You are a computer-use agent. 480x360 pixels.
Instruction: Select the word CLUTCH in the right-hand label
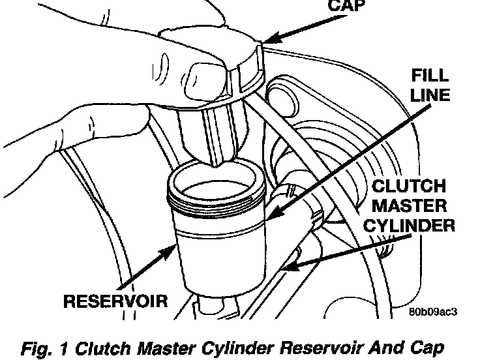click(408, 187)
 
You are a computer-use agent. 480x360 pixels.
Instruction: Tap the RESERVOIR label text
click(115, 301)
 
